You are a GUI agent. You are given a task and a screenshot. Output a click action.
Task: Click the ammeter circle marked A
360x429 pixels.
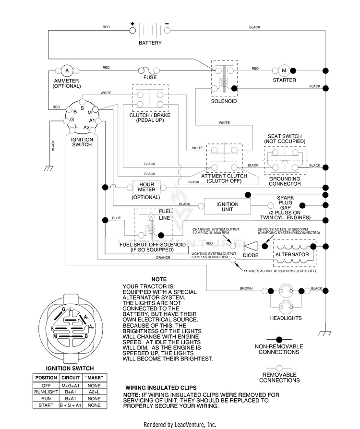click(67, 71)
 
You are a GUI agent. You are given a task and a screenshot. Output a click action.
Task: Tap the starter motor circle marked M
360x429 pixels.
click(284, 71)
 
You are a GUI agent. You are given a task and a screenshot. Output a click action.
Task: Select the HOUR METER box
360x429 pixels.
click(146, 187)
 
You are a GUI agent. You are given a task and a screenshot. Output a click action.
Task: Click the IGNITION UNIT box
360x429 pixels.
click(228, 206)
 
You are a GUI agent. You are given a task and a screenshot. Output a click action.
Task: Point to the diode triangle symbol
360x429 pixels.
click(251, 246)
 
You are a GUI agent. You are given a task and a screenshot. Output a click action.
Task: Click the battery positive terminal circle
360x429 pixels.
click(132, 30)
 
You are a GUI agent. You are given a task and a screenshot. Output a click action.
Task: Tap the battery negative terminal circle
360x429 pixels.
click(167, 30)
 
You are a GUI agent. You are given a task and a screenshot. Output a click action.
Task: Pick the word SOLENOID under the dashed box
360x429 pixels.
click(224, 101)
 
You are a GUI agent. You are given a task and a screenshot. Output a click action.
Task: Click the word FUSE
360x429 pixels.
click(150, 77)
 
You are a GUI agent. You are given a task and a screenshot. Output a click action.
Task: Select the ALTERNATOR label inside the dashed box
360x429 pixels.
click(292, 254)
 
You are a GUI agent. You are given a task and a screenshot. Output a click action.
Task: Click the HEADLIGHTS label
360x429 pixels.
click(286, 318)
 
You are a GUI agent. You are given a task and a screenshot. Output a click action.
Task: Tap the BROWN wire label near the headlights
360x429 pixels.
click(246, 288)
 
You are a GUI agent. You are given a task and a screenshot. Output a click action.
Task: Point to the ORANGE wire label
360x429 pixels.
click(163, 258)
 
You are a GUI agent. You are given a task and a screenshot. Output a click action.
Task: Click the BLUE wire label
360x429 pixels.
click(116, 218)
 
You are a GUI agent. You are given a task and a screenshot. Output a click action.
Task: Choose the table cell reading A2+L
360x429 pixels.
click(94, 392)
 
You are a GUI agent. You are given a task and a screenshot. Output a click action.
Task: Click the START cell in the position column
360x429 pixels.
click(46, 405)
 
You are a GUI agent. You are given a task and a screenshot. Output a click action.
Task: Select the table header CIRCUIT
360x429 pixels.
click(71, 378)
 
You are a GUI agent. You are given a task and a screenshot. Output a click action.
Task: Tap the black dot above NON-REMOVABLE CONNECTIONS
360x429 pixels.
click(279, 340)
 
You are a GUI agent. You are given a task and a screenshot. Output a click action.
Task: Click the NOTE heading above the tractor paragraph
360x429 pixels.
click(159, 279)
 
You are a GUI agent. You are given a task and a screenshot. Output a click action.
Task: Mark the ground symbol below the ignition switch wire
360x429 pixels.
click(48, 168)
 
